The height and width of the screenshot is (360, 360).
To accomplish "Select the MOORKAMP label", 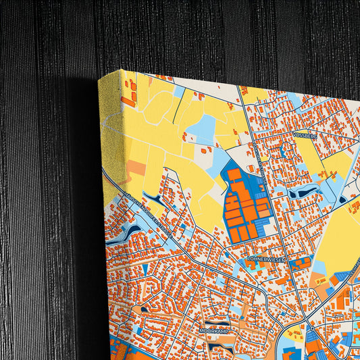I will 214,331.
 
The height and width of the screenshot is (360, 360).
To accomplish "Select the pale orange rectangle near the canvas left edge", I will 137,168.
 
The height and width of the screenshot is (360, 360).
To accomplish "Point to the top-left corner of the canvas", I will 99,79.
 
